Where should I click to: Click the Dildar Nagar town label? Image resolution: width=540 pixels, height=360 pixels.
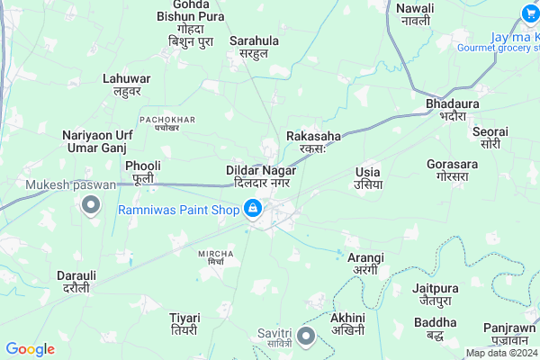click(261, 175)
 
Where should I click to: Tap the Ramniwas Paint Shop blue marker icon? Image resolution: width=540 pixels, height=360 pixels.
click(254, 210)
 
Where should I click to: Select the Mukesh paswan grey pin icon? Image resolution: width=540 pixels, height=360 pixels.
click(90, 206)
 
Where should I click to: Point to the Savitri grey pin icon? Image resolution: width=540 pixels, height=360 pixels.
click(305, 337)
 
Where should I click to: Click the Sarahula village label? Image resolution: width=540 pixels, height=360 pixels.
click(255, 47)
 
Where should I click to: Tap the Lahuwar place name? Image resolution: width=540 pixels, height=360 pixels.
click(127, 85)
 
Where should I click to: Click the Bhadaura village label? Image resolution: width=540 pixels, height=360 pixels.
click(446, 111)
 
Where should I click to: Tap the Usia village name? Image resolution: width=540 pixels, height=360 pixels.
click(368, 177)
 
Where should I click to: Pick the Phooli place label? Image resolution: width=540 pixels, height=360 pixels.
click(143, 172)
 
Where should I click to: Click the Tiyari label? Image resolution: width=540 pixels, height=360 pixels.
click(184, 323)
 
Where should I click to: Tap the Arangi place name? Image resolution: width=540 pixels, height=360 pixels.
click(365, 264)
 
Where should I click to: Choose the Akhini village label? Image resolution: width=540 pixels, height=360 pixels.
click(347, 324)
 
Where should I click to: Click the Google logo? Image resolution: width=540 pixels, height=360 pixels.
click(30, 349)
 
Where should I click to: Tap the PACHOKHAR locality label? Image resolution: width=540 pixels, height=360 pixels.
click(166, 122)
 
